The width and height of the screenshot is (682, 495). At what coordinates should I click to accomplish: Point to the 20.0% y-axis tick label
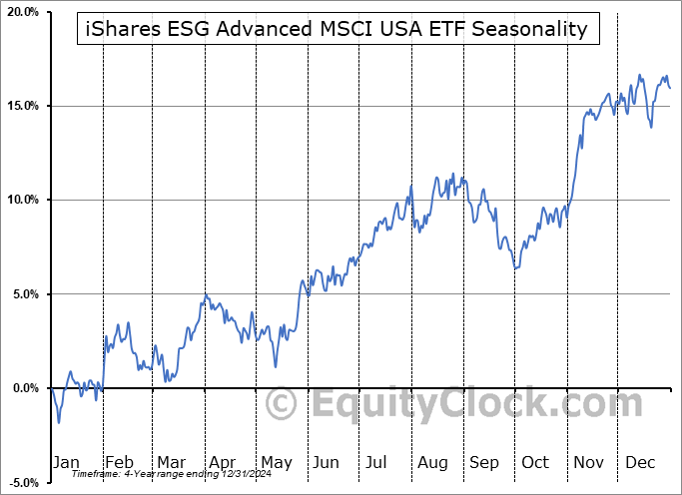[x=22, y=12]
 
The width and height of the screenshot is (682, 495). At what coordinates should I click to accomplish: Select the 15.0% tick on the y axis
[x=22, y=106]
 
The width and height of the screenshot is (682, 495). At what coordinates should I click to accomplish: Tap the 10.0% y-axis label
[x=22, y=200]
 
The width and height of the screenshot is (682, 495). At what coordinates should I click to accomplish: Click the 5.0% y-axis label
[x=25, y=294]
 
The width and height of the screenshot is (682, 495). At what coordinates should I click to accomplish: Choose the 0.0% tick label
[x=25, y=388]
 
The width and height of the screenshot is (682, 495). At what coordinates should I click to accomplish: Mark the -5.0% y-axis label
[x=24, y=482]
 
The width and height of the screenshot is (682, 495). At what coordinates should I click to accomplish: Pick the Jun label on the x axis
[x=327, y=463]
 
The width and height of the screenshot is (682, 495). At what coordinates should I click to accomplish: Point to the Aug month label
[x=431, y=463]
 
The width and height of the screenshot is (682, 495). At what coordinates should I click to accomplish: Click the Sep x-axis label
[x=483, y=463]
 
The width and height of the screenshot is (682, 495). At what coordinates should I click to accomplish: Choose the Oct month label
[x=535, y=463]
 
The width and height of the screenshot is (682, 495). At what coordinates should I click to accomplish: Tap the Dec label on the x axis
[x=639, y=463]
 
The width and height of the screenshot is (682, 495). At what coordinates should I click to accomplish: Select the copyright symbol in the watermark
[x=283, y=404]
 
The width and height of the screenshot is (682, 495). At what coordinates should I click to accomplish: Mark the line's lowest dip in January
[x=59, y=422]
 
